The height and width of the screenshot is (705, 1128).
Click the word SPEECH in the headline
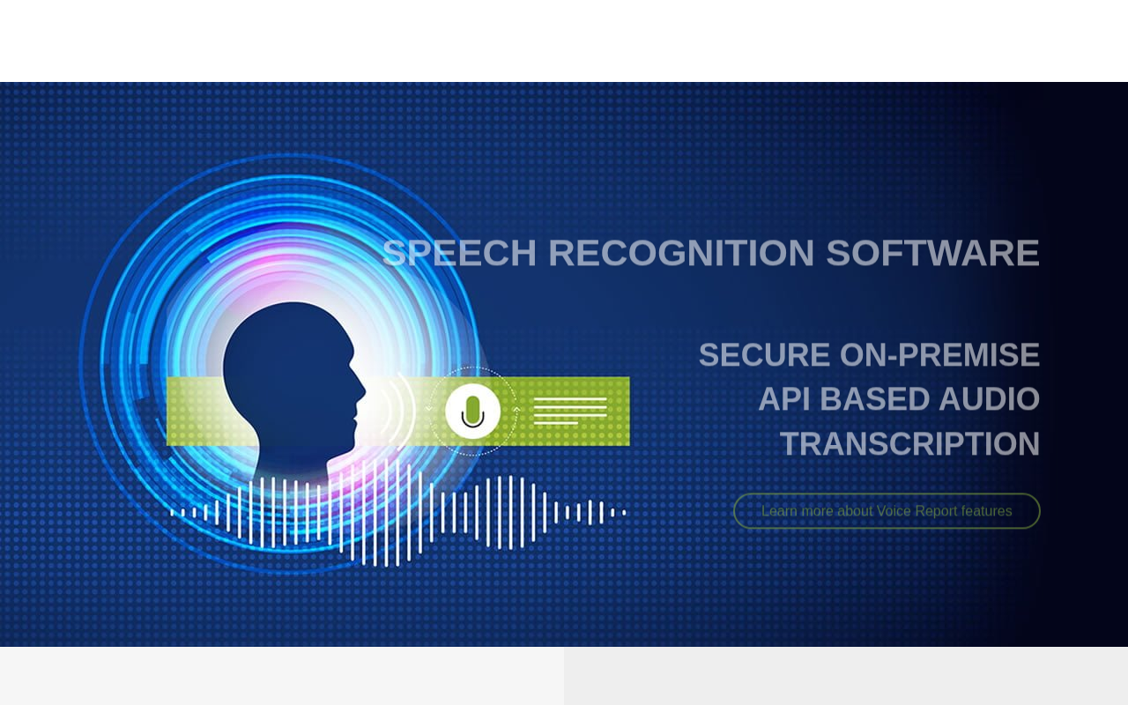click(x=459, y=253)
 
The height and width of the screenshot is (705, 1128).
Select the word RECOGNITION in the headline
click(x=681, y=253)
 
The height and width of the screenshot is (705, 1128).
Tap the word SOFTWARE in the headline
click(x=932, y=253)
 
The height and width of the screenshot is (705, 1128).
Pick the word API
click(x=783, y=399)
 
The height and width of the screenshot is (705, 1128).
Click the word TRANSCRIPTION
click(x=910, y=443)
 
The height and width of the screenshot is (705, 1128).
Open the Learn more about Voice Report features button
click(x=887, y=511)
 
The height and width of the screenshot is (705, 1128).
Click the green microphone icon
click(x=472, y=412)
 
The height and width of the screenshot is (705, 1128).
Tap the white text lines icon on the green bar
click(x=570, y=411)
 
